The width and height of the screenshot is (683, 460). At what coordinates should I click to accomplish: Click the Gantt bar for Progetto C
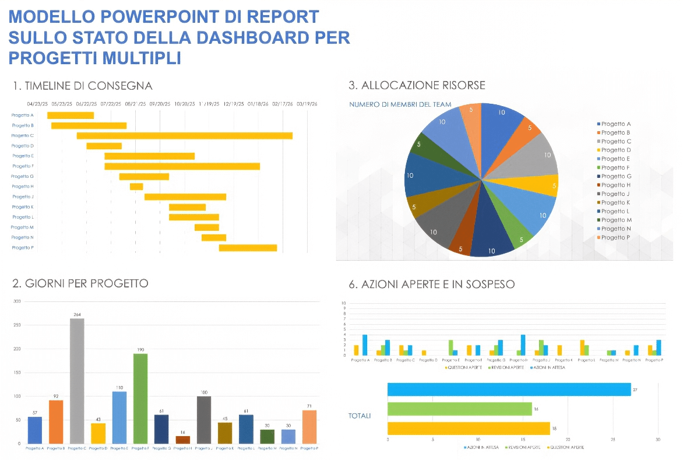[184, 136]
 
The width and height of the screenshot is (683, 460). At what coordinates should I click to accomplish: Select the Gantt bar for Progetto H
[136, 187]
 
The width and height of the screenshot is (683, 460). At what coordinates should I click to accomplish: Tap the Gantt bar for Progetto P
[248, 248]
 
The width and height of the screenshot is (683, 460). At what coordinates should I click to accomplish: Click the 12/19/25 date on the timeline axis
[234, 104]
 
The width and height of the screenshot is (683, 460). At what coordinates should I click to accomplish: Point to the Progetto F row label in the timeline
[23, 166]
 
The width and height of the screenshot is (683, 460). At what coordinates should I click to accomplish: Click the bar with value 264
[77, 381]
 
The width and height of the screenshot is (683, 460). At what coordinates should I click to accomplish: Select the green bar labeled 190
[140, 398]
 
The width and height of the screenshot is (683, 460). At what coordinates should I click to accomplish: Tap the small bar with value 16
[183, 440]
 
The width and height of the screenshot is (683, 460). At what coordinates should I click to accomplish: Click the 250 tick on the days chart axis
[17, 325]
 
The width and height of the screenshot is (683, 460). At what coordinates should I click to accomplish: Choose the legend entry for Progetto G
[616, 176]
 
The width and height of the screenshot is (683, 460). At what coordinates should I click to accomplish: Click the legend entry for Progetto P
[616, 237]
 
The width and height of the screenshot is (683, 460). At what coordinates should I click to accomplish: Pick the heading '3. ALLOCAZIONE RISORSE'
[417, 86]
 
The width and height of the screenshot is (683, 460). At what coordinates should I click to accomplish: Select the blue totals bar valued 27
[509, 389]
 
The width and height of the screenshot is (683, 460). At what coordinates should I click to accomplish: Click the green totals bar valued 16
[459, 409]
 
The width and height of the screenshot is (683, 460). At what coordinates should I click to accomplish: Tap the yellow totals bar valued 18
[469, 429]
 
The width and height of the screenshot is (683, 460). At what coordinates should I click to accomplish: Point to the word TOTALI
[360, 416]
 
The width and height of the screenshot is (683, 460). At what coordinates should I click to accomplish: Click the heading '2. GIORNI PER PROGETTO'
[80, 283]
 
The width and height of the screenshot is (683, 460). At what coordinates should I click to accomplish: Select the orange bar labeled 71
[309, 427]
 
